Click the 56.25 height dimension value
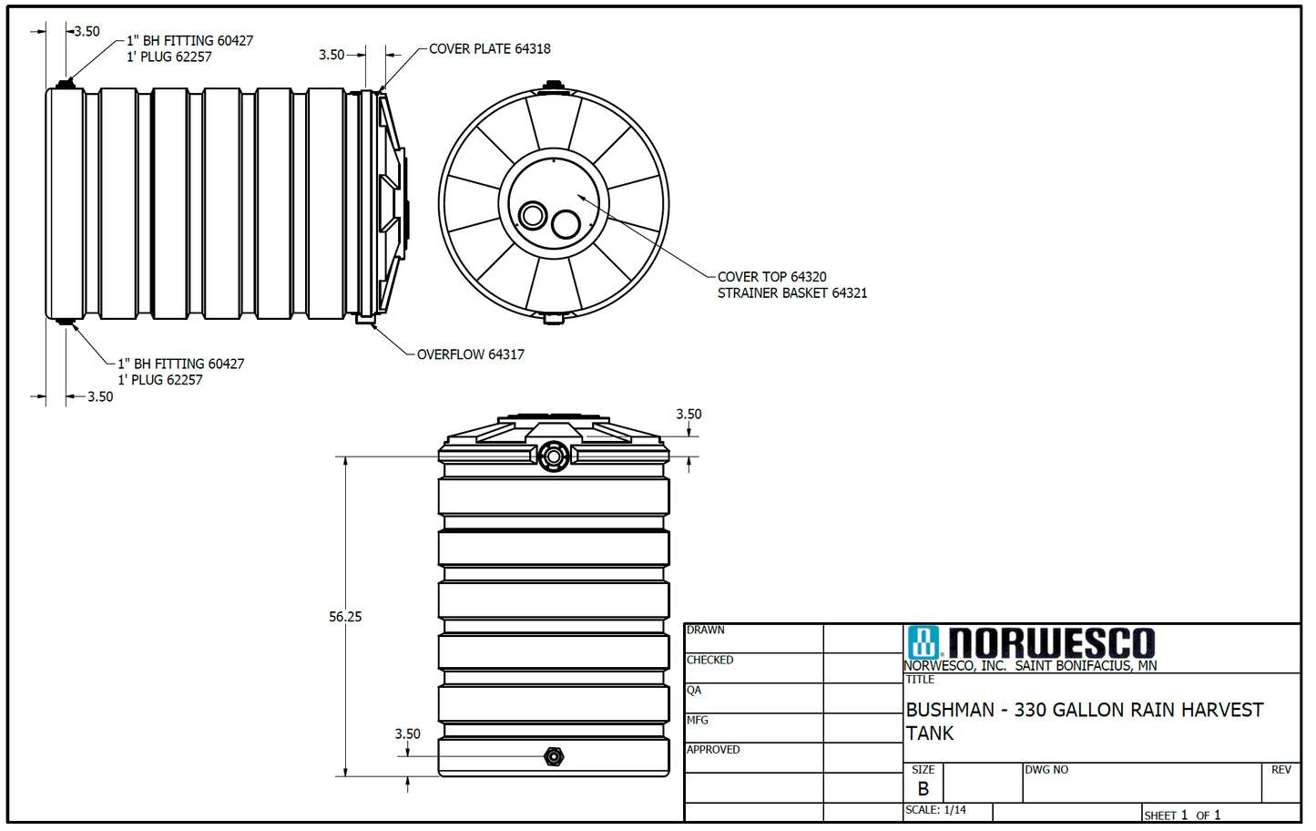tap(345, 617)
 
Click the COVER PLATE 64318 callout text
tap(489, 49)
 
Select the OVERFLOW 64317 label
tap(470, 354)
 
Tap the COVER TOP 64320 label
tap(771, 277)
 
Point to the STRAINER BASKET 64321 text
tap(791, 293)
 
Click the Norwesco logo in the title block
tap(1031, 643)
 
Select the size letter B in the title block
tap(923, 789)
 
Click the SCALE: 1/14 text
tap(935, 810)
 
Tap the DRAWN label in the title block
tap(706, 631)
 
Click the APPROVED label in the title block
tap(713, 750)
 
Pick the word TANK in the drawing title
tap(930, 734)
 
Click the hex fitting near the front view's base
tap(554, 756)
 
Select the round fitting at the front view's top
tap(554, 456)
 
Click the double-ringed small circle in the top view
tap(533, 216)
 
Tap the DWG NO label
tap(1046, 770)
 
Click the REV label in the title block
tap(1280, 770)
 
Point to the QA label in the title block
tap(694, 691)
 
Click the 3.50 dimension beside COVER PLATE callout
tap(332, 55)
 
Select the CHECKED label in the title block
tap(709, 661)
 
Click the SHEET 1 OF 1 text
tap(1181, 816)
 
